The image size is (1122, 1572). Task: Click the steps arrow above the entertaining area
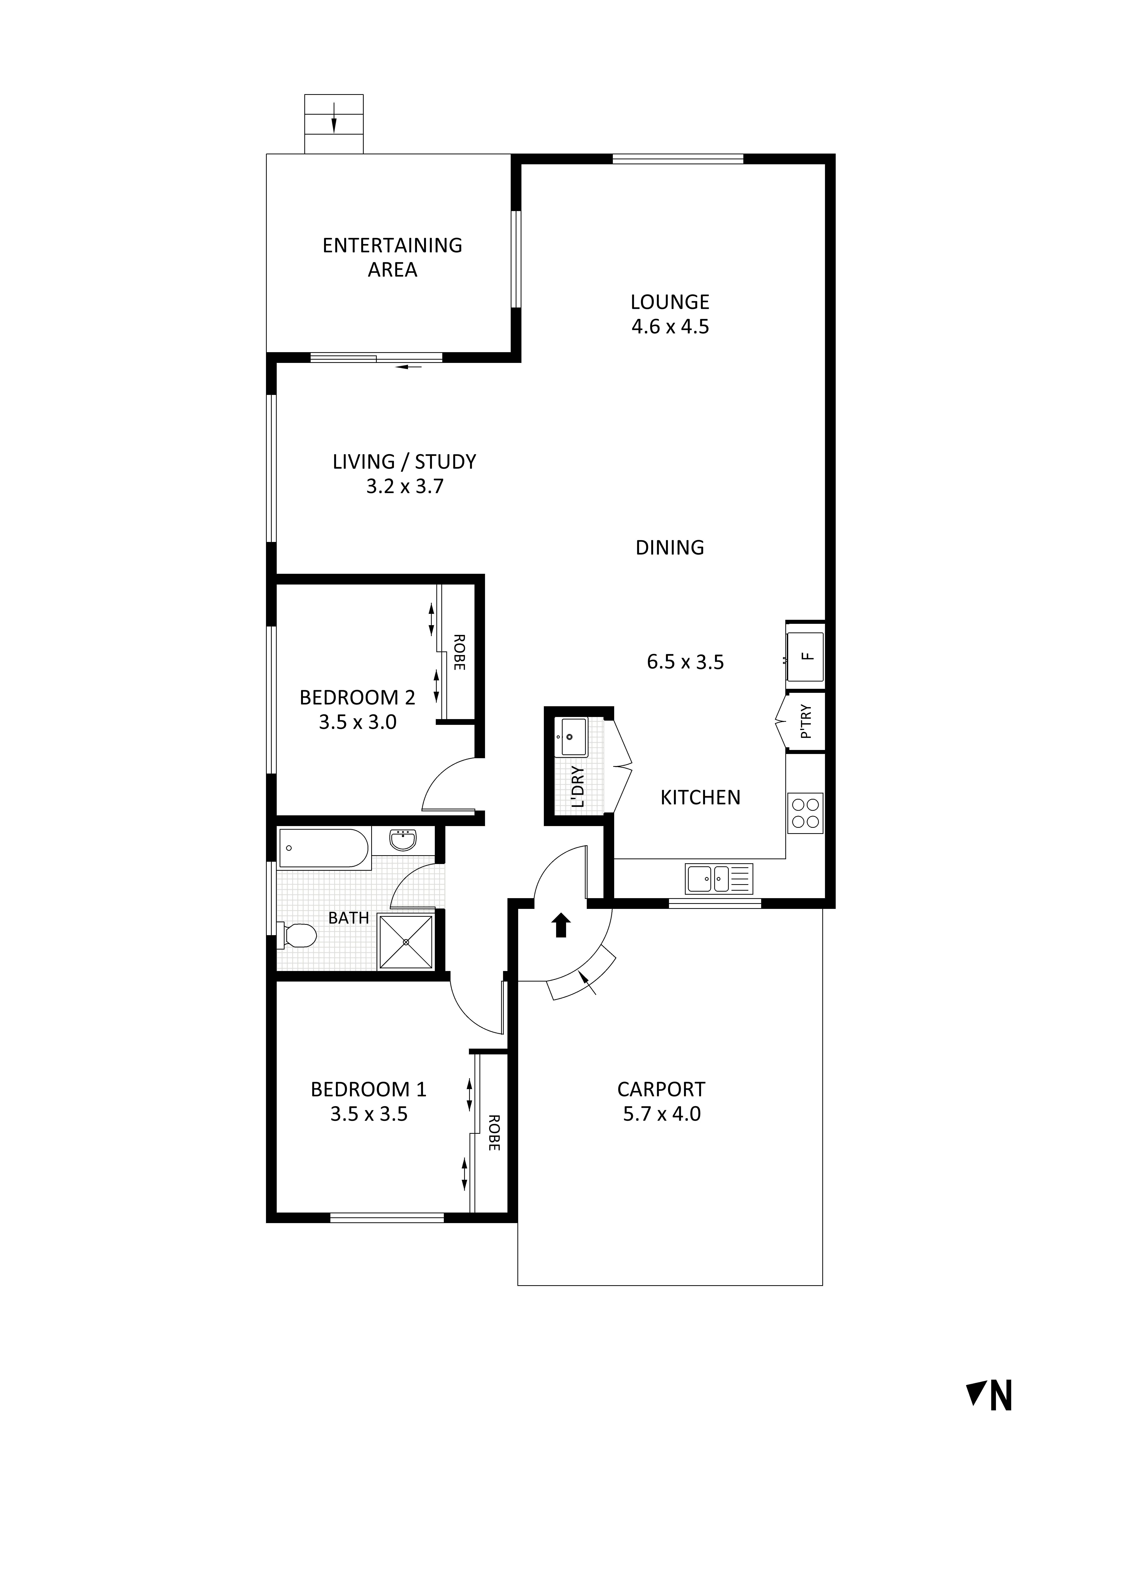[x=334, y=118]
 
